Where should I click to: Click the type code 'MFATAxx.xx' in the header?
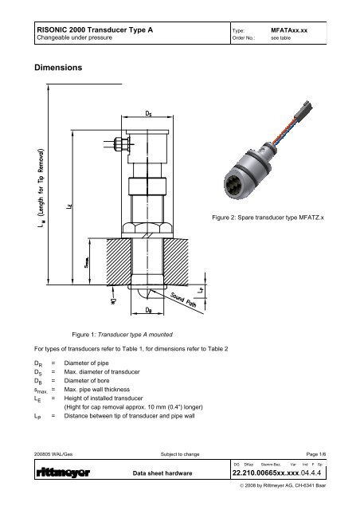pyautogui.click(x=295, y=29)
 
